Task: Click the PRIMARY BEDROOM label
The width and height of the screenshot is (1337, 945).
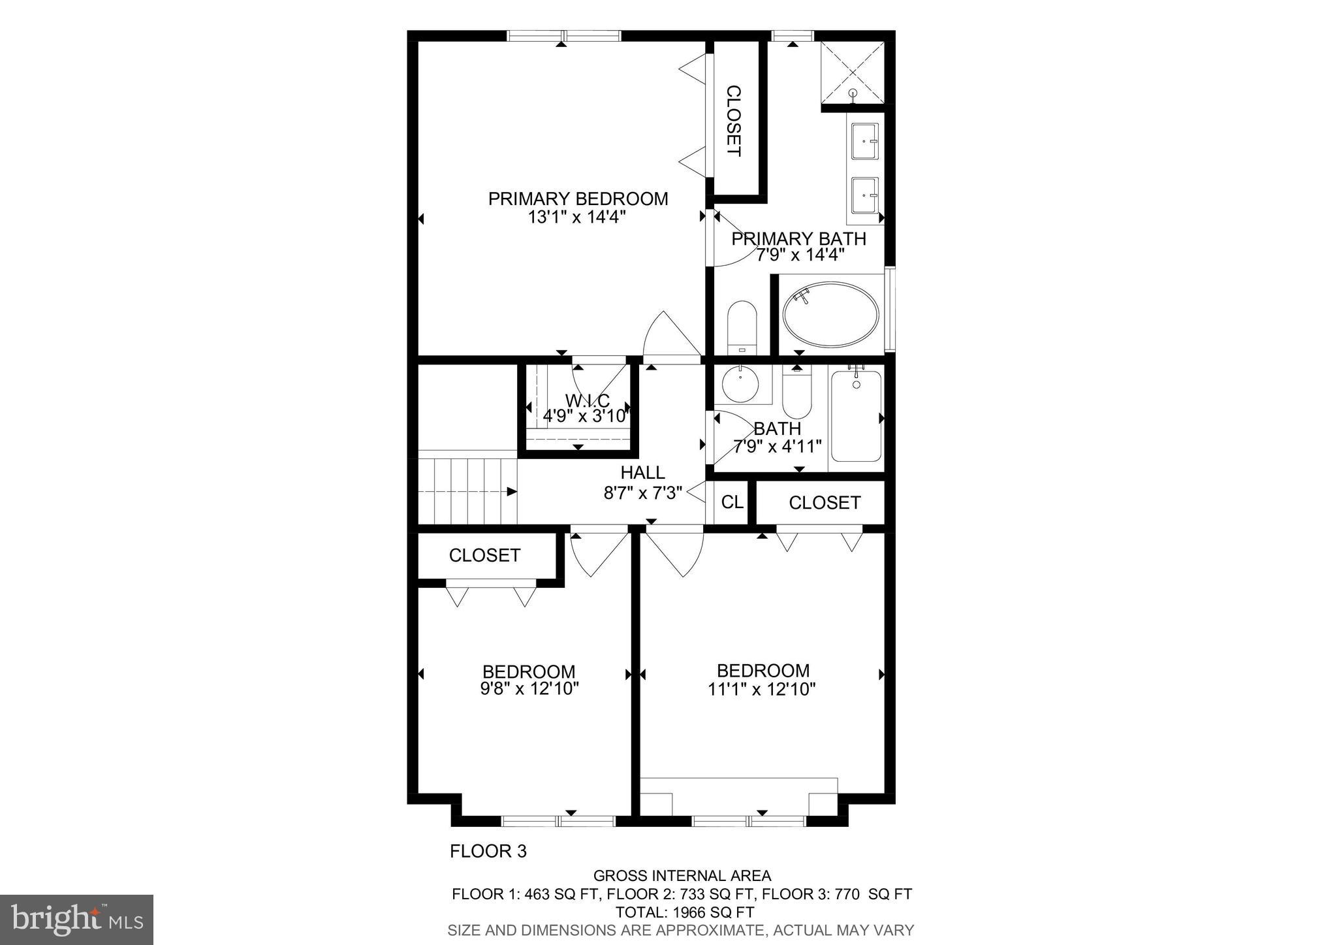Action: [x=578, y=199]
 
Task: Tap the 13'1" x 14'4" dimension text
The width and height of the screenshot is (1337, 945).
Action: [x=577, y=217]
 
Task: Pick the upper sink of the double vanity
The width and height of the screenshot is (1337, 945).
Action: [x=866, y=140]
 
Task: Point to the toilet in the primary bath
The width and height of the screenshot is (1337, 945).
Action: [x=742, y=327]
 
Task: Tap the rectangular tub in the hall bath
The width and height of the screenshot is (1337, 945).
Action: [x=856, y=415]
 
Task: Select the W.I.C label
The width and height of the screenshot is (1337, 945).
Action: [x=587, y=400]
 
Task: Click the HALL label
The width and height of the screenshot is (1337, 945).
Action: [x=643, y=472]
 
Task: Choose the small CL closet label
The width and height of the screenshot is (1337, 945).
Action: [x=732, y=502]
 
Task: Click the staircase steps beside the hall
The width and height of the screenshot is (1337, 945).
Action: [x=467, y=491]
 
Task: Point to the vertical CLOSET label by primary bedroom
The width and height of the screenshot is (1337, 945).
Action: [x=734, y=121]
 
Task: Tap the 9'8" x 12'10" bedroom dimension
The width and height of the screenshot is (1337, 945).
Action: [x=529, y=688]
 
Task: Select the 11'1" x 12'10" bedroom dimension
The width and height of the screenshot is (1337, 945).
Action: [x=762, y=688]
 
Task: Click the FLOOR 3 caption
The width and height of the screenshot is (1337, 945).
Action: [x=488, y=851]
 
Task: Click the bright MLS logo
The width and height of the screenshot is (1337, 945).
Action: [x=76, y=920]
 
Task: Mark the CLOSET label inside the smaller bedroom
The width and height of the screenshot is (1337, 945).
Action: [x=484, y=555]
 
